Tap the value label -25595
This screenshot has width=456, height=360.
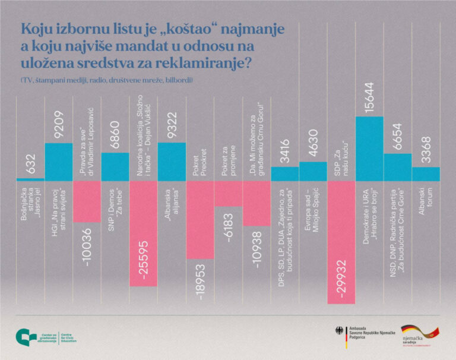[144, 260]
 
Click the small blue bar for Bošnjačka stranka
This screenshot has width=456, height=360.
[30, 179]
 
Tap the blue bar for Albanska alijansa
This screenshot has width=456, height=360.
[172, 161]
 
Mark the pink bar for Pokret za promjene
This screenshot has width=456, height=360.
[229, 193]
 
